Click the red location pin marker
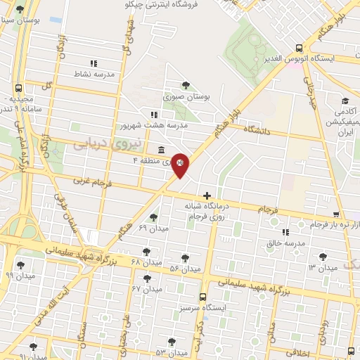[180, 165]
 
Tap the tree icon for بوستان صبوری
[186, 85]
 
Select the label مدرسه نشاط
[94, 74]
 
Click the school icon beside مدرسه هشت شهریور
[154, 114]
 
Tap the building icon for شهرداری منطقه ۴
[162, 150]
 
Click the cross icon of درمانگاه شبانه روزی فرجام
[206, 195]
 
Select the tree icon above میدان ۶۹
[154, 217]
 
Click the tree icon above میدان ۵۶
[186, 258]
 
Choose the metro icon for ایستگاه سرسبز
[202, 297]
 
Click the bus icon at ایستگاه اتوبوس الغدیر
[300, 49]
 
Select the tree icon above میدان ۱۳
[323, 257]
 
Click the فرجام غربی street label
[91, 181]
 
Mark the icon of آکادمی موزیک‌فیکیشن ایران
[345, 101]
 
